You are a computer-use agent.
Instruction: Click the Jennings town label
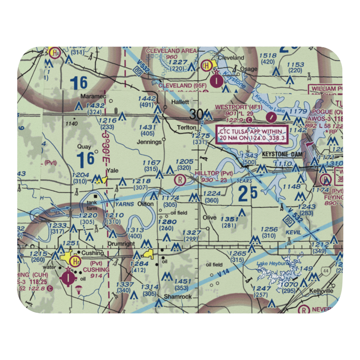click(x=149, y=142)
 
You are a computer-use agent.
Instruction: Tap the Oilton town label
click(x=145, y=204)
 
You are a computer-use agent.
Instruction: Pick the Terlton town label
click(x=186, y=127)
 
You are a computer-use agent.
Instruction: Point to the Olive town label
click(x=210, y=217)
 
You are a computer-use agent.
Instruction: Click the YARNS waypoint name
click(x=124, y=204)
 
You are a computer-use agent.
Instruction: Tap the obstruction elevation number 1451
click(x=182, y=281)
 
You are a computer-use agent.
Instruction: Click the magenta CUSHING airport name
click(x=95, y=270)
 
